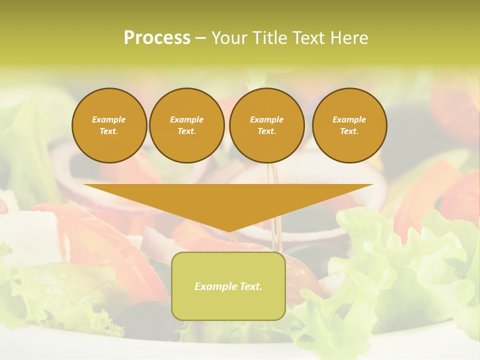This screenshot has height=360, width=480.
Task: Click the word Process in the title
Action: click(x=157, y=38)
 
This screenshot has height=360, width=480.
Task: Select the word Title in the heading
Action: click(x=270, y=38)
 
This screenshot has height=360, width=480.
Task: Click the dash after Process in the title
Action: click(x=200, y=38)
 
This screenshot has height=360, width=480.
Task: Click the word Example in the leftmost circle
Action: click(x=109, y=119)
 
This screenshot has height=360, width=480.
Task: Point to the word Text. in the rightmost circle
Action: click(x=349, y=131)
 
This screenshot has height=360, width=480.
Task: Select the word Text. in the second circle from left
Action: click(x=186, y=131)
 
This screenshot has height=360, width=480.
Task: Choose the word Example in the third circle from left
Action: click(x=266, y=119)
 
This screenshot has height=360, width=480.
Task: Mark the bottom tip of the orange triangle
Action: click(x=228, y=230)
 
